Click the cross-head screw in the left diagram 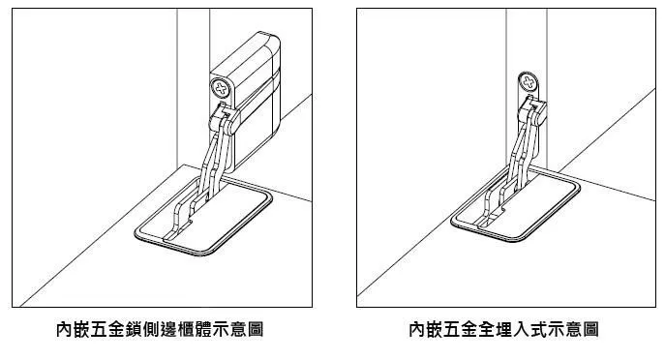click(221, 88)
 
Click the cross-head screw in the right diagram click(528, 82)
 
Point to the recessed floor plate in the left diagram click(203, 216)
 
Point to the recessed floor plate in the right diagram click(516, 205)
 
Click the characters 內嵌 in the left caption click(73, 329)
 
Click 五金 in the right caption click(460, 329)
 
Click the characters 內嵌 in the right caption click(426, 329)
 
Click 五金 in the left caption click(107, 329)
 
